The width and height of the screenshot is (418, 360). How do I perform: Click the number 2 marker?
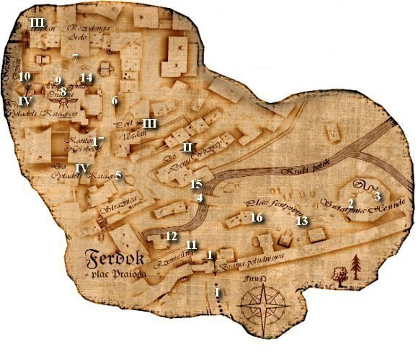coord(351,203)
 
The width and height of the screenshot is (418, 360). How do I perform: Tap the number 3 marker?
coord(378,196)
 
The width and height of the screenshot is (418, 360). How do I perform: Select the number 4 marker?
coord(200,198)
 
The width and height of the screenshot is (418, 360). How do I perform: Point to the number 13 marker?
coord(302,220)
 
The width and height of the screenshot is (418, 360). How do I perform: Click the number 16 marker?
coord(256,217)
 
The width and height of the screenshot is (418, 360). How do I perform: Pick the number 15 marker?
coord(197,185)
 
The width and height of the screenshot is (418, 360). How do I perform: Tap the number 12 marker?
coord(171,236)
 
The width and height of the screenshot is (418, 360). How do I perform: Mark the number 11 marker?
coord(191,245)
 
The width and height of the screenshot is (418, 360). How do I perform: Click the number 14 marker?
coord(86,77)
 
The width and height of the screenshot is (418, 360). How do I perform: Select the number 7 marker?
coord(75,56)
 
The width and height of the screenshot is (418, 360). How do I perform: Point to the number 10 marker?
coord(24,76)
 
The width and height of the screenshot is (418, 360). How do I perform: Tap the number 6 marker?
coord(115,100)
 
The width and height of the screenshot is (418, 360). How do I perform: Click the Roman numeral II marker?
coord(187,147)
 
